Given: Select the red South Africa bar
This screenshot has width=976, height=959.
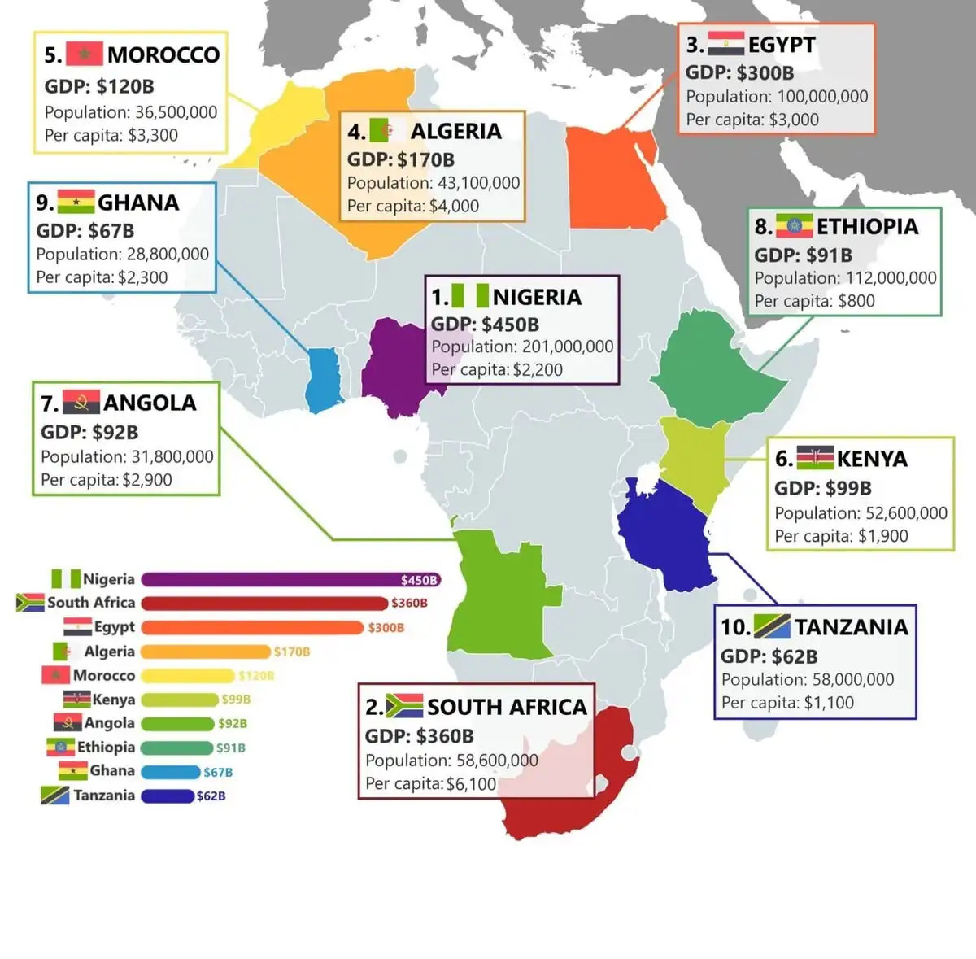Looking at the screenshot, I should click(264, 604).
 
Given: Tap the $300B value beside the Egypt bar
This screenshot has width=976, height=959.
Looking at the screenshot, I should click(386, 628).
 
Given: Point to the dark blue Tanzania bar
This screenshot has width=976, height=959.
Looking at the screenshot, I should click(168, 796).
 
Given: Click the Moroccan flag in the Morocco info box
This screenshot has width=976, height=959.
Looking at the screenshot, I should click(84, 54).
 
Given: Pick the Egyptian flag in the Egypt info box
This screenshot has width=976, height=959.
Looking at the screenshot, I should click(725, 44).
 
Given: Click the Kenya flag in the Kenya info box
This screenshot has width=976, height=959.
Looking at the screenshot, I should click(814, 458).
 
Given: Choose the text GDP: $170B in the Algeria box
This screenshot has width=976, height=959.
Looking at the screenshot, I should click(401, 159).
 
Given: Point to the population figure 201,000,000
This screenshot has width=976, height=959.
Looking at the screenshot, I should click(568, 347).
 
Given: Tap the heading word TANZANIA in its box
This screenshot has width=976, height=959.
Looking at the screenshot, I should click(852, 627).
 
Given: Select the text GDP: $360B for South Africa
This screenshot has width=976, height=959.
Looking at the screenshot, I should click(419, 736).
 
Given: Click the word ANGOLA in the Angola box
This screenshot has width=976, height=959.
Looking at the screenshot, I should click(150, 403).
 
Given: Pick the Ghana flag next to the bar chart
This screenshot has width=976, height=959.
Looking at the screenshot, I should click(73, 770).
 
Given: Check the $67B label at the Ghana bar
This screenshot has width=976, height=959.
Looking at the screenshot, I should click(218, 772).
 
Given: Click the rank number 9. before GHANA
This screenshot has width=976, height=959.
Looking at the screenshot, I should click(45, 203).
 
